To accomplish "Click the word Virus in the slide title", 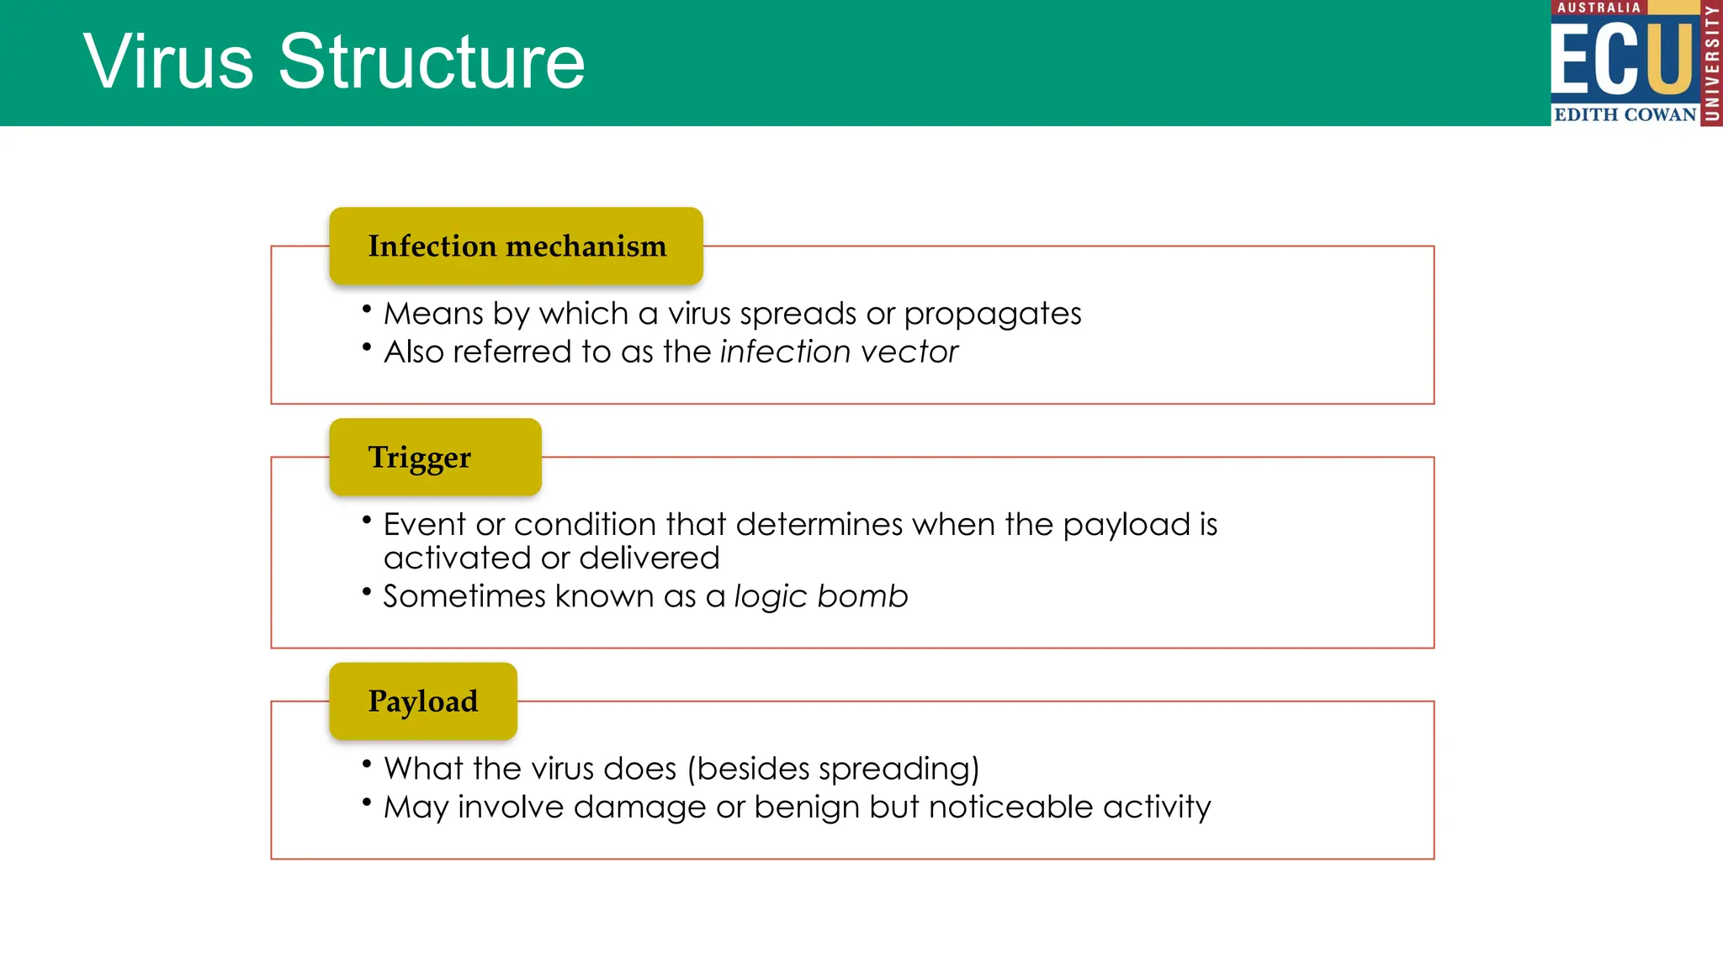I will [168, 62].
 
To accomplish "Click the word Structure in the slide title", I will [432, 62].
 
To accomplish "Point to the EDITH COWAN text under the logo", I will [1625, 114].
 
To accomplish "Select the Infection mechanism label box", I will [516, 246].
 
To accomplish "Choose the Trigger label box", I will [435, 457].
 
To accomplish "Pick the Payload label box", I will [423, 701].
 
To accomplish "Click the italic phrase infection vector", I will [839, 352].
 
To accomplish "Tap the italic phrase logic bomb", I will [821, 596].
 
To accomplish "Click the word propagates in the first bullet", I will [993, 314].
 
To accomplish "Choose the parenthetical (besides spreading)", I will [834, 769].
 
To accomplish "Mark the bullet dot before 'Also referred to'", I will [367, 347].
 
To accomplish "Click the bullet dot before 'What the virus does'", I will [367, 764].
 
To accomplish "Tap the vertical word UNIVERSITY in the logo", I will [1711, 63].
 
